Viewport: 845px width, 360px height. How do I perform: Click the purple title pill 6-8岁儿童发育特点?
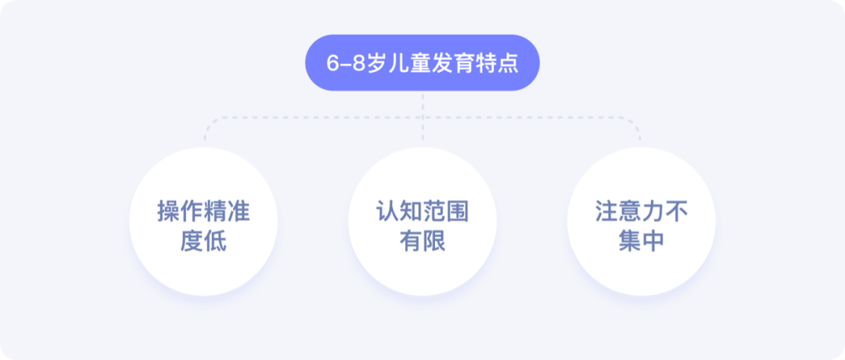422,63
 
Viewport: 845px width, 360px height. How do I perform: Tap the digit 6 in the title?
332,63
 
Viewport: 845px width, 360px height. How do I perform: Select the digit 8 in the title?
358,63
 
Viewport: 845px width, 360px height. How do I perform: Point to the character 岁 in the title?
377,63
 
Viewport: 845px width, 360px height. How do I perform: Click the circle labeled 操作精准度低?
203,221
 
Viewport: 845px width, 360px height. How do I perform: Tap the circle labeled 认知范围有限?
422,221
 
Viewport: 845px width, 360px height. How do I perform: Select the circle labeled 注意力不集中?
642,221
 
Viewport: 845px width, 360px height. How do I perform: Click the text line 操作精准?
203,212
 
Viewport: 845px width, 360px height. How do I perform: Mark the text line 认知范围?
422,212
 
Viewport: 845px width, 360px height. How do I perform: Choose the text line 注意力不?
642,212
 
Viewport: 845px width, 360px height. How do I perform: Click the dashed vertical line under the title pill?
422,105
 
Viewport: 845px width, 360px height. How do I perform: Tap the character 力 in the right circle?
653,212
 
